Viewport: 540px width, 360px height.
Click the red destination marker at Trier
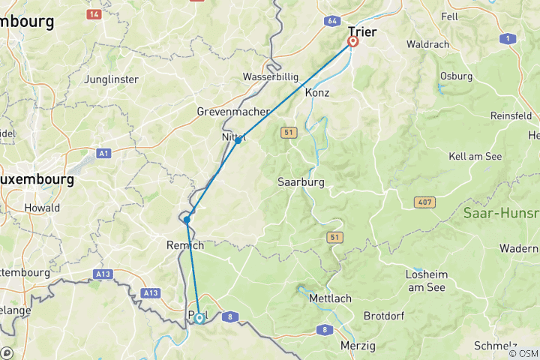352,42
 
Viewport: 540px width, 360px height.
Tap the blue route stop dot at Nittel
238,140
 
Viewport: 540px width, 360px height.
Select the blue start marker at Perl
199,318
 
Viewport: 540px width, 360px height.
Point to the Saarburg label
300,182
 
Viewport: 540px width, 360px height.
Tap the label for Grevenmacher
232,112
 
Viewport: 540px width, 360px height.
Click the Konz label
317,92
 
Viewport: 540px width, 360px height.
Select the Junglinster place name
112,79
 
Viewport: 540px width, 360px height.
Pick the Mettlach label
330,298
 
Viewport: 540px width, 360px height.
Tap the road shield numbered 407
424,203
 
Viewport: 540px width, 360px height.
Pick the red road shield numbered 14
94,14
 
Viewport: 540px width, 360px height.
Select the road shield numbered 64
332,22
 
